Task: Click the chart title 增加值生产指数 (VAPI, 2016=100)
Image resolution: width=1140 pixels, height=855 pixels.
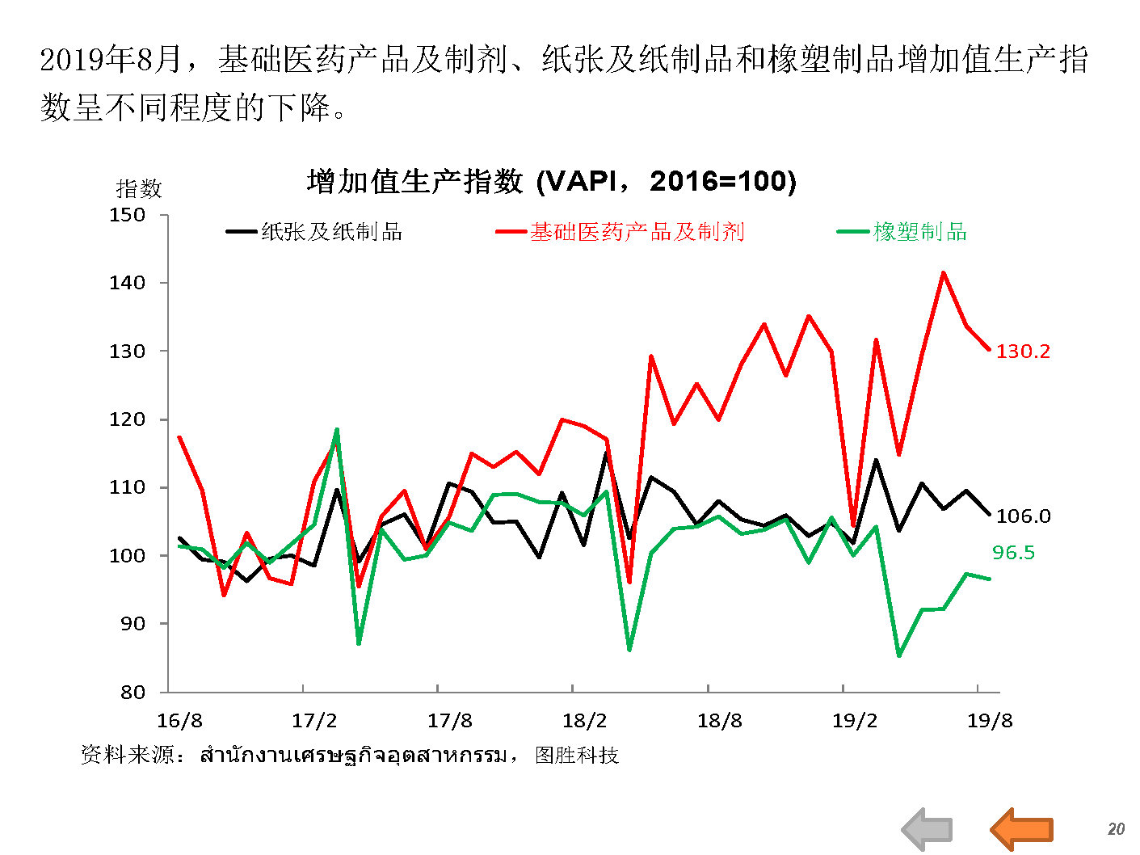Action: click(x=552, y=181)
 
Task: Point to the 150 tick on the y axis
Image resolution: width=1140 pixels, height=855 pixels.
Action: click(x=128, y=215)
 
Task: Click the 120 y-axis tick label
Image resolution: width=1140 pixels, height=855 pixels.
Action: click(x=128, y=419)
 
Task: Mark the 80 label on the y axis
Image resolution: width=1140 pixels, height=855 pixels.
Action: click(x=133, y=692)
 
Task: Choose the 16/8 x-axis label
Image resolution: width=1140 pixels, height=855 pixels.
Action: click(x=179, y=721)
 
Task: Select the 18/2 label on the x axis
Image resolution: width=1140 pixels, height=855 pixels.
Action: click(x=584, y=721)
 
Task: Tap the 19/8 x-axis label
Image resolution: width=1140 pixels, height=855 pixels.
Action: click(x=990, y=721)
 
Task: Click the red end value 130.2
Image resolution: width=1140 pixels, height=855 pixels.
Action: click(x=1023, y=351)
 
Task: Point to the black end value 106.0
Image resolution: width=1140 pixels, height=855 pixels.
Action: click(x=1023, y=516)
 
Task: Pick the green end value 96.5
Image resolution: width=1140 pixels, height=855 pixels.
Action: click(x=1013, y=553)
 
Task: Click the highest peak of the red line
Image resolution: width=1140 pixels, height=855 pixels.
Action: click(x=943, y=272)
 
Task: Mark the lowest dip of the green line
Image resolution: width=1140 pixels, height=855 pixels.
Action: click(x=898, y=655)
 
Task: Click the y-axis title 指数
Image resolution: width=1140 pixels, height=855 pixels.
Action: click(x=139, y=189)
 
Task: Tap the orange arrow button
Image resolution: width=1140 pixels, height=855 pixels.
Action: click(x=1021, y=828)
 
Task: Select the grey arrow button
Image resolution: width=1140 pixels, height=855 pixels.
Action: click(x=927, y=828)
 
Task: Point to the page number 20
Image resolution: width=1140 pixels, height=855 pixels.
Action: click(x=1116, y=829)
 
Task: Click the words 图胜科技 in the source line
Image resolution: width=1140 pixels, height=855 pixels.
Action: click(x=577, y=756)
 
